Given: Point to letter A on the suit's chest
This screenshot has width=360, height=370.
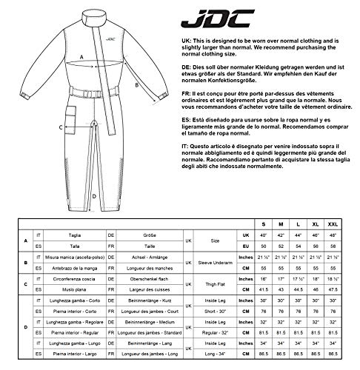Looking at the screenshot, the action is click(80, 57).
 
